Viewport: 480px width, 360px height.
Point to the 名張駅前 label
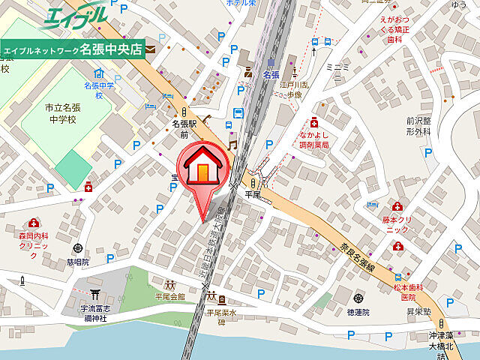(184, 128)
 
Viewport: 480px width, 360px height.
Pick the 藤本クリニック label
(397, 223)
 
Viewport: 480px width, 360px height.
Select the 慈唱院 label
(77, 262)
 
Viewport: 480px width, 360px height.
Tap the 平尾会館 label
(170, 296)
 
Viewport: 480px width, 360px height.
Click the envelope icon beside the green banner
(151, 49)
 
